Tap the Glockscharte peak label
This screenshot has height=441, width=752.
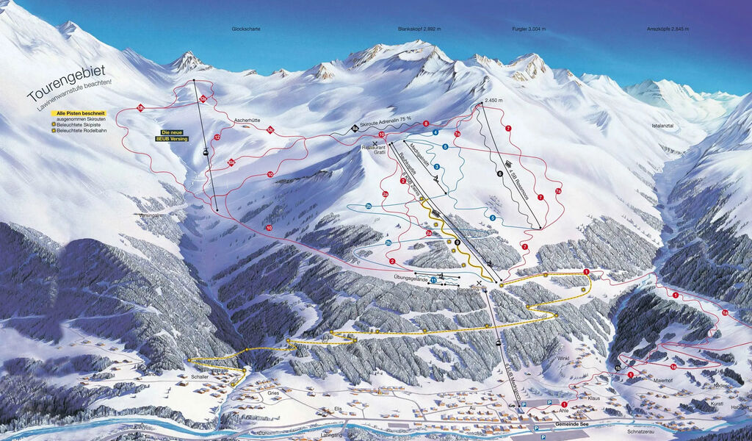(246, 29)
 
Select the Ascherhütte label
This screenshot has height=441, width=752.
(247, 119)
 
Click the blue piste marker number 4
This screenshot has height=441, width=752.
(435, 132)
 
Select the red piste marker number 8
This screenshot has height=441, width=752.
(426, 123)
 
